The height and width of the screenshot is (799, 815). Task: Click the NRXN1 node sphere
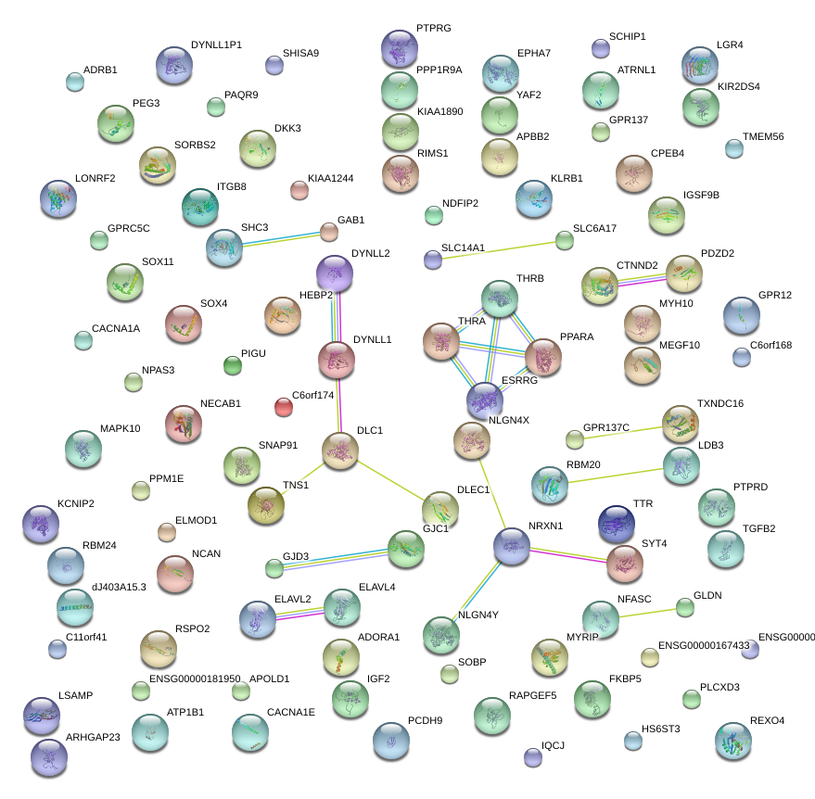coord(512,546)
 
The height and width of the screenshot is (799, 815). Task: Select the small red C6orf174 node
coord(284,406)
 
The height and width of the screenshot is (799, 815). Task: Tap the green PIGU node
coord(233,365)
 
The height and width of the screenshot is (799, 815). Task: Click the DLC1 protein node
coord(339,450)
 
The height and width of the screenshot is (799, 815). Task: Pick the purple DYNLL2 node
coord(335,273)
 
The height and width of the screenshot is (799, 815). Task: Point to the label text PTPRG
coord(433,29)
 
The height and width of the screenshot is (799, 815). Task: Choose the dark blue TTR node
coord(616,524)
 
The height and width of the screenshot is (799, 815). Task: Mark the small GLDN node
coord(684,607)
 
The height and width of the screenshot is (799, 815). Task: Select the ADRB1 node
coord(75,82)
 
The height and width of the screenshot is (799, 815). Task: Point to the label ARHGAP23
coord(94,738)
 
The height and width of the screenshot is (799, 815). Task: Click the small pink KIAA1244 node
coord(299,190)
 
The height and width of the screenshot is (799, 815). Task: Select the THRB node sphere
coord(501,298)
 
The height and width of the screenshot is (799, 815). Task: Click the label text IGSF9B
coord(701,196)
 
